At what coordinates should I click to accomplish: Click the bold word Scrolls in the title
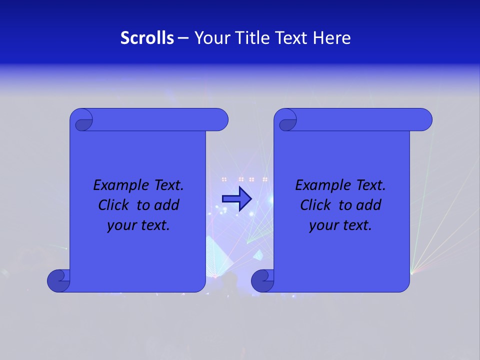147,38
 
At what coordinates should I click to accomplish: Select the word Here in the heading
332,38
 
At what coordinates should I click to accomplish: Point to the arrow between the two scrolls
236,199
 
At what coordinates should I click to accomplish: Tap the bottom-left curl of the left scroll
58,280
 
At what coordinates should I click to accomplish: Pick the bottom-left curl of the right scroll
262,280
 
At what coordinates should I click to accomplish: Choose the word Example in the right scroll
320,185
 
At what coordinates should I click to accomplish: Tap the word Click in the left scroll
113,205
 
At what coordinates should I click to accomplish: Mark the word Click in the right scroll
315,205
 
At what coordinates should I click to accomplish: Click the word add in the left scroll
167,205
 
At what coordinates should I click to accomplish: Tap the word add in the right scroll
369,205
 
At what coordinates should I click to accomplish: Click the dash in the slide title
183,38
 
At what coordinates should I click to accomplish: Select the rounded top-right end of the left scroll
220,120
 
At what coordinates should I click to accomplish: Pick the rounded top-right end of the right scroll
424,120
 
